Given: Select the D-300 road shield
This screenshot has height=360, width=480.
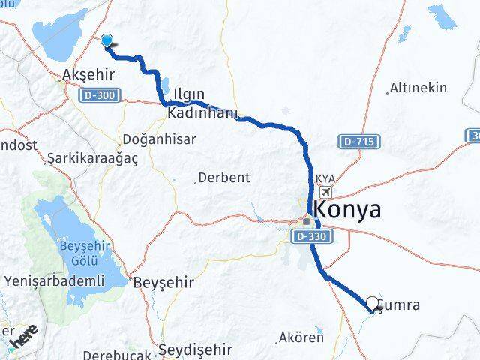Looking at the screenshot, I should tap(100, 95).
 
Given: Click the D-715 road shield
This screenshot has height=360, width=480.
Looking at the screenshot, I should tap(359, 141).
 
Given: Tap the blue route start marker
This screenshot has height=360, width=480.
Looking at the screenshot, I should tap(107, 43).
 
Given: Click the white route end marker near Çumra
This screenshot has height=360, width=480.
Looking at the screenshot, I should tap(373, 304).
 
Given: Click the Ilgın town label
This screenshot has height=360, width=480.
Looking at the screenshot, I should tap(188, 95).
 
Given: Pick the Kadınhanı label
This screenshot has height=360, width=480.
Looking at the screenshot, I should tap(202, 114).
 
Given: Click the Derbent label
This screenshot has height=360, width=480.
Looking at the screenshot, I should tap(223, 178).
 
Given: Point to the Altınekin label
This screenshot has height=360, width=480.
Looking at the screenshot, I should tap(418, 88).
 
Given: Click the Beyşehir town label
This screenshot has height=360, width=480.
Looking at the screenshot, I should tap(163, 283).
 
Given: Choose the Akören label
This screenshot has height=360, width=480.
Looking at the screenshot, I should tap(301, 337).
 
